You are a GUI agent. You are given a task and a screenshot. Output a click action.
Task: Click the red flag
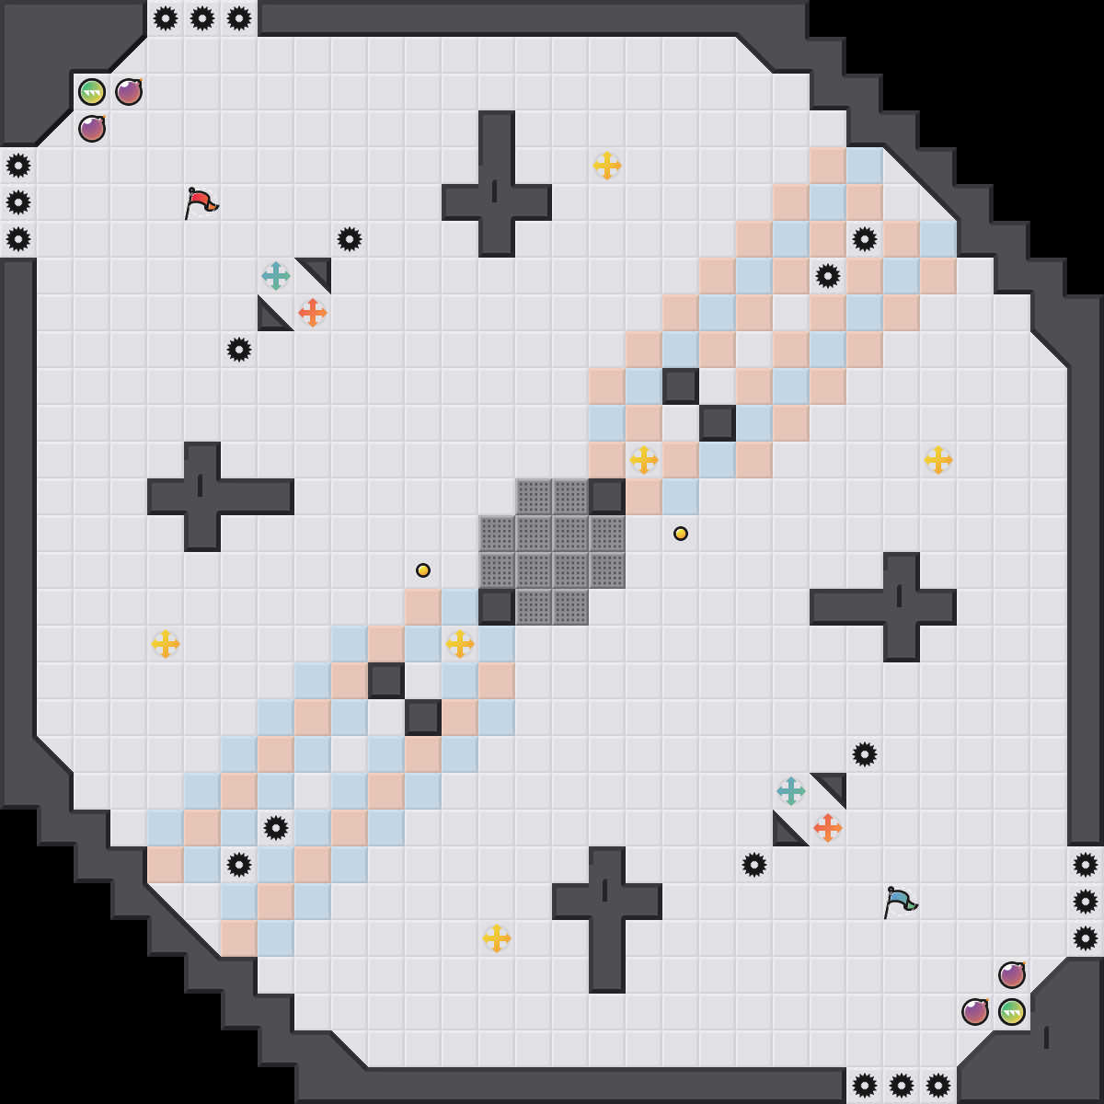pos(201,202)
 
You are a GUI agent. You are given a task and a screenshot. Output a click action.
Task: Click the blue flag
pos(900,902)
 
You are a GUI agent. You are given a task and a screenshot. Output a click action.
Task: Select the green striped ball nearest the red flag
pos(92,92)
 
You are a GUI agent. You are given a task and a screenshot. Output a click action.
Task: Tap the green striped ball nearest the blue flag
pos(1012,1012)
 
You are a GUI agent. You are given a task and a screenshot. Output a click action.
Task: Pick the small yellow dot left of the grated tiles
pos(423,570)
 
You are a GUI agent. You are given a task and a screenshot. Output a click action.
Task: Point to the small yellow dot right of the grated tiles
pos(681,534)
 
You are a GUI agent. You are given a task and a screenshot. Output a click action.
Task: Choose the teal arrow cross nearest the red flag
pos(276,276)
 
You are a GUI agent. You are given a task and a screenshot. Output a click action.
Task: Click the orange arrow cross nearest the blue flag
pos(828,828)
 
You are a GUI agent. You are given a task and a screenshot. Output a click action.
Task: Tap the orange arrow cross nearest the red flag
pos(313,313)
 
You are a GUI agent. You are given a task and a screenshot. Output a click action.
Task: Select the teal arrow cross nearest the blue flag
pos(791,791)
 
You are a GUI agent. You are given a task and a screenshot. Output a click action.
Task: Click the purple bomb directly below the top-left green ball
pos(92,129)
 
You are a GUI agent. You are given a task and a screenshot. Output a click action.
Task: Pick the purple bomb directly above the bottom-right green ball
pos(1012,975)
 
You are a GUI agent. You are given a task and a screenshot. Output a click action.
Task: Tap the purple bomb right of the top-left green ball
pos(129,92)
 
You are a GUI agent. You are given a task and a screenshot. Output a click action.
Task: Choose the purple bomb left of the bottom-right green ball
pos(975,1012)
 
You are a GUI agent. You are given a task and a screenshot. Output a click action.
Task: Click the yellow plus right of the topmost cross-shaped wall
pos(607,166)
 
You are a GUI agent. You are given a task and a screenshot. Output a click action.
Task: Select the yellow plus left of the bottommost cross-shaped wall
pos(497,938)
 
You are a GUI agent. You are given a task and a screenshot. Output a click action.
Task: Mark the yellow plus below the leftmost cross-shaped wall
pos(166,644)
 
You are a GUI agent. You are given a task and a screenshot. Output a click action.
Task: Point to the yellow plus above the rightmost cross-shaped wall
pos(938,460)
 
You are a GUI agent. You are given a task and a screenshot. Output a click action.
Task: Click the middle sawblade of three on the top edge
pos(202,18)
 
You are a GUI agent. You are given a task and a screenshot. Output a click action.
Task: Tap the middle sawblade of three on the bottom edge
pos(902,1086)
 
